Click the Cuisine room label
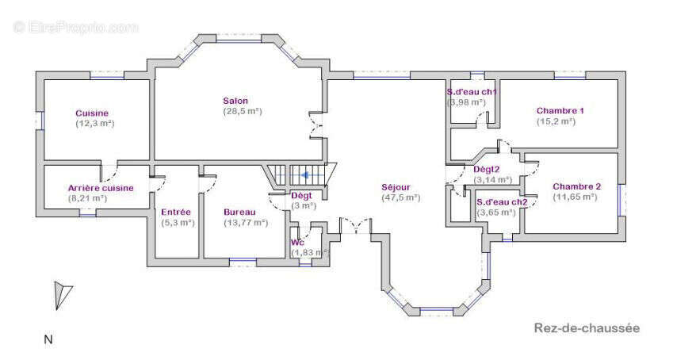coord(92,113)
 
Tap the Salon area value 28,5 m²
coord(243,111)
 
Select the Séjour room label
coord(396,187)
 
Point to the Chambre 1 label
coord(560,110)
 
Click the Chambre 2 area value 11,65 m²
coord(575,197)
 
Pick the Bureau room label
coord(239,213)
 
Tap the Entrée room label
coord(176,213)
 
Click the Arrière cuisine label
coord(101,188)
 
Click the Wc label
coord(297,243)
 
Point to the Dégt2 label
coord(487,169)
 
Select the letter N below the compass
coord(48,340)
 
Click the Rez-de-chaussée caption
coord(587,328)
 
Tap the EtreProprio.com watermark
coord(76,28)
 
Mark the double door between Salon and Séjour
coord(318,125)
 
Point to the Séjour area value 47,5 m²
coord(401,198)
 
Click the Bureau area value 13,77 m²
coord(246,223)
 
